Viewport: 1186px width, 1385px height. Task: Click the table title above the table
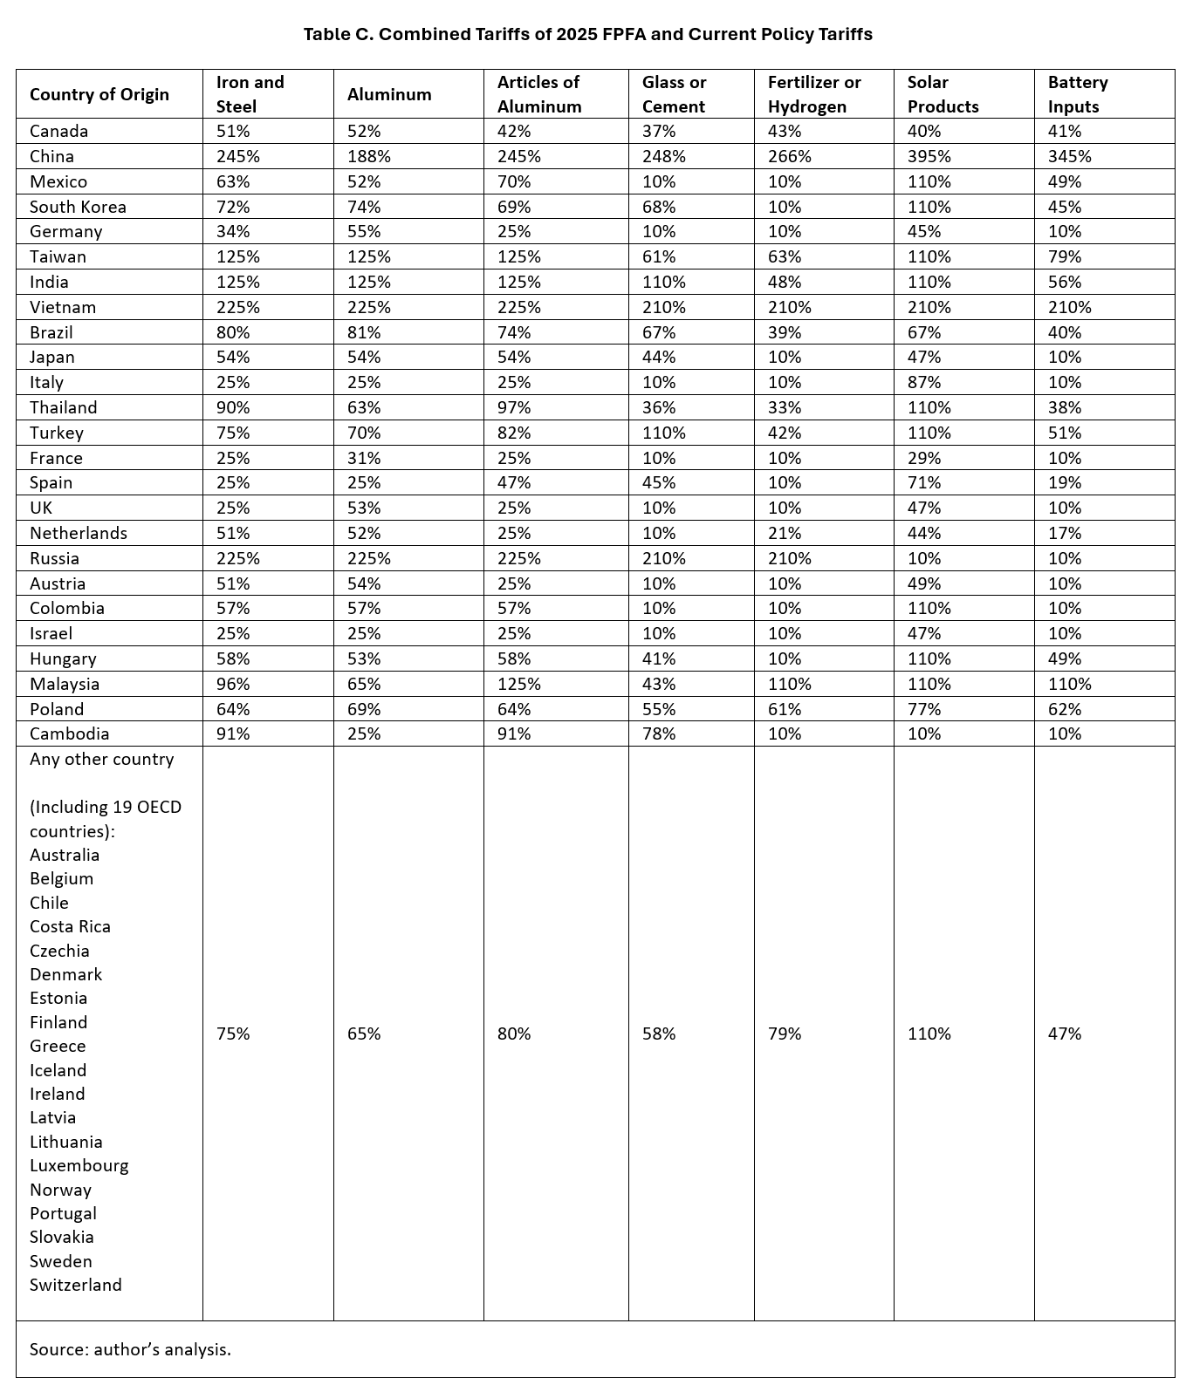pyautogui.click(x=587, y=34)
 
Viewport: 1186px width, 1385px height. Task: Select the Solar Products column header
pyautogui.click(x=943, y=94)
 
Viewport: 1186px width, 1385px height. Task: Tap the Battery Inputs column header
pyautogui.click(x=1077, y=94)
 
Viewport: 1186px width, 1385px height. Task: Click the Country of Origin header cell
pyautogui.click(x=99, y=94)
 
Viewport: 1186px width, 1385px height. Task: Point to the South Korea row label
pyautogui.click(x=78, y=207)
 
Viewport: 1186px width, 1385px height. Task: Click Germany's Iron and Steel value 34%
pyautogui.click(x=232, y=231)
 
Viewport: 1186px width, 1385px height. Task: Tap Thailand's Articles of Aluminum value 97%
pyautogui.click(x=514, y=407)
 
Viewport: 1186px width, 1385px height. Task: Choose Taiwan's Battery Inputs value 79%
pyautogui.click(x=1064, y=256)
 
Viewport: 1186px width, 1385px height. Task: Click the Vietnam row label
pyautogui.click(x=63, y=307)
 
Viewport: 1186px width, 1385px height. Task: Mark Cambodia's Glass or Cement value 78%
pyautogui.click(x=659, y=733)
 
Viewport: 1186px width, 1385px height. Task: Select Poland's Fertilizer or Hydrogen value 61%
pyautogui.click(x=785, y=709)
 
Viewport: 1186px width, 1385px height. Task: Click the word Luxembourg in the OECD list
pyautogui.click(x=79, y=1165)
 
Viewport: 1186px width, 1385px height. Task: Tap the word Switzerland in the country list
pyautogui.click(x=76, y=1285)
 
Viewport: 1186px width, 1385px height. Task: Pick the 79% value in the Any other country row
pyautogui.click(x=785, y=1034)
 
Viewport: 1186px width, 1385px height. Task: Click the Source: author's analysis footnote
pyautogui.click(x=130, y=1349)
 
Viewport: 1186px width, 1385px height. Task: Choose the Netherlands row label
pyautogui.click(x=79, y=533)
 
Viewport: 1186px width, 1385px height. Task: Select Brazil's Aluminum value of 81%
pyautogui.click(x=364, y=332)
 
